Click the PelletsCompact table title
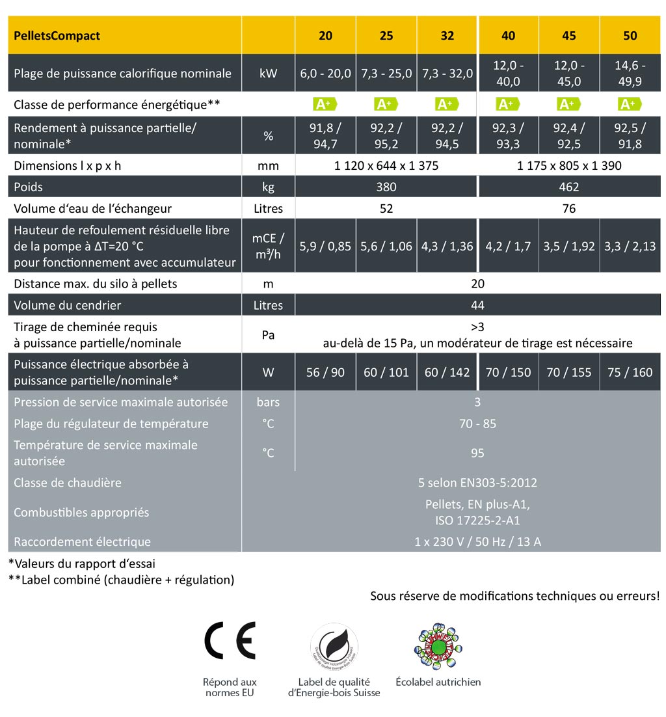coord(57,36)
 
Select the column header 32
coord(447,36)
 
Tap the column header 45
coord(569,36)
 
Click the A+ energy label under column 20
coord(325,104)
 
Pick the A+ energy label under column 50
coord(630,104)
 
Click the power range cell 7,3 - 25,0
coord(386,74)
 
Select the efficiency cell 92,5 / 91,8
coord(630,136)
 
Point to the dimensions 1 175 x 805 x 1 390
coord(569,166)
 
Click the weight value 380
coord(386,187)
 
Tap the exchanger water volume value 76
coord(569,209)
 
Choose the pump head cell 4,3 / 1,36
coord(447,247)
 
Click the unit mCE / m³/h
coord(268,247)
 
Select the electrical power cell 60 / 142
coord(447,373)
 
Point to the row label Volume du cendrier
coord(68,305)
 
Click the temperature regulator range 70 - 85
coord(477,424)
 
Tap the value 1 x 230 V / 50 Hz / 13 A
coord(477,541)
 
